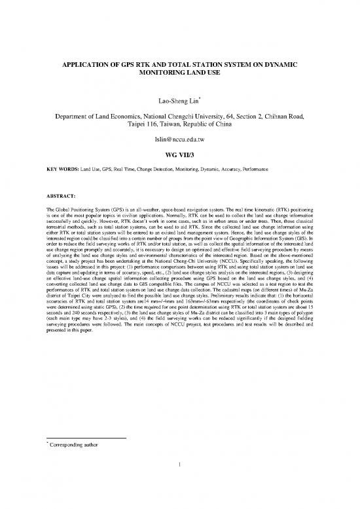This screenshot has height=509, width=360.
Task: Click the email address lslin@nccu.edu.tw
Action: (179, 141)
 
